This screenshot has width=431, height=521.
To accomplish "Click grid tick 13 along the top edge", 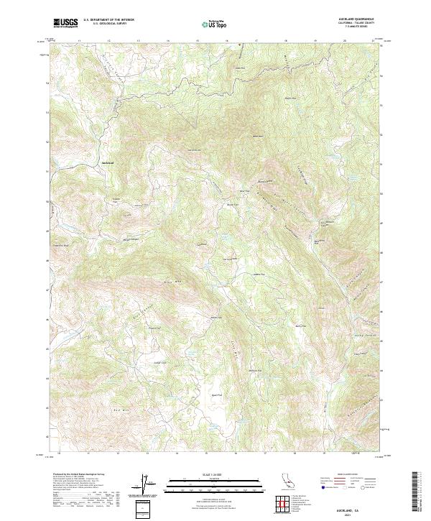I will pyautogui.click(x=138, y=41).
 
